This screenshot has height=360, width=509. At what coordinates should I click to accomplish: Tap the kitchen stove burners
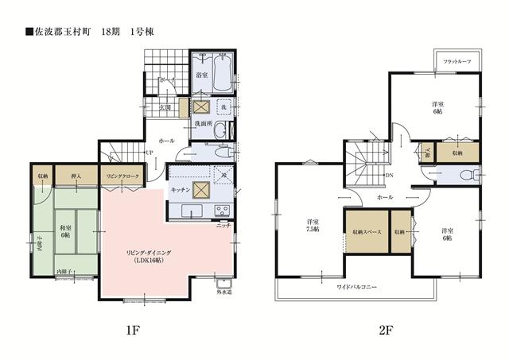pyautogui.click(x=222, y=211)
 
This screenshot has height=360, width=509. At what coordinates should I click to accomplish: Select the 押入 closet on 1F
pyautogui.click(x=77, y=176)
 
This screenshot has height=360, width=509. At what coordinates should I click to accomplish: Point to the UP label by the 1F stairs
pyautogui.click(x=149, y=153)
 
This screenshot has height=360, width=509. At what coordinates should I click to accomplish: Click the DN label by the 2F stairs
pyautogui.click(x=387, y=176)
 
